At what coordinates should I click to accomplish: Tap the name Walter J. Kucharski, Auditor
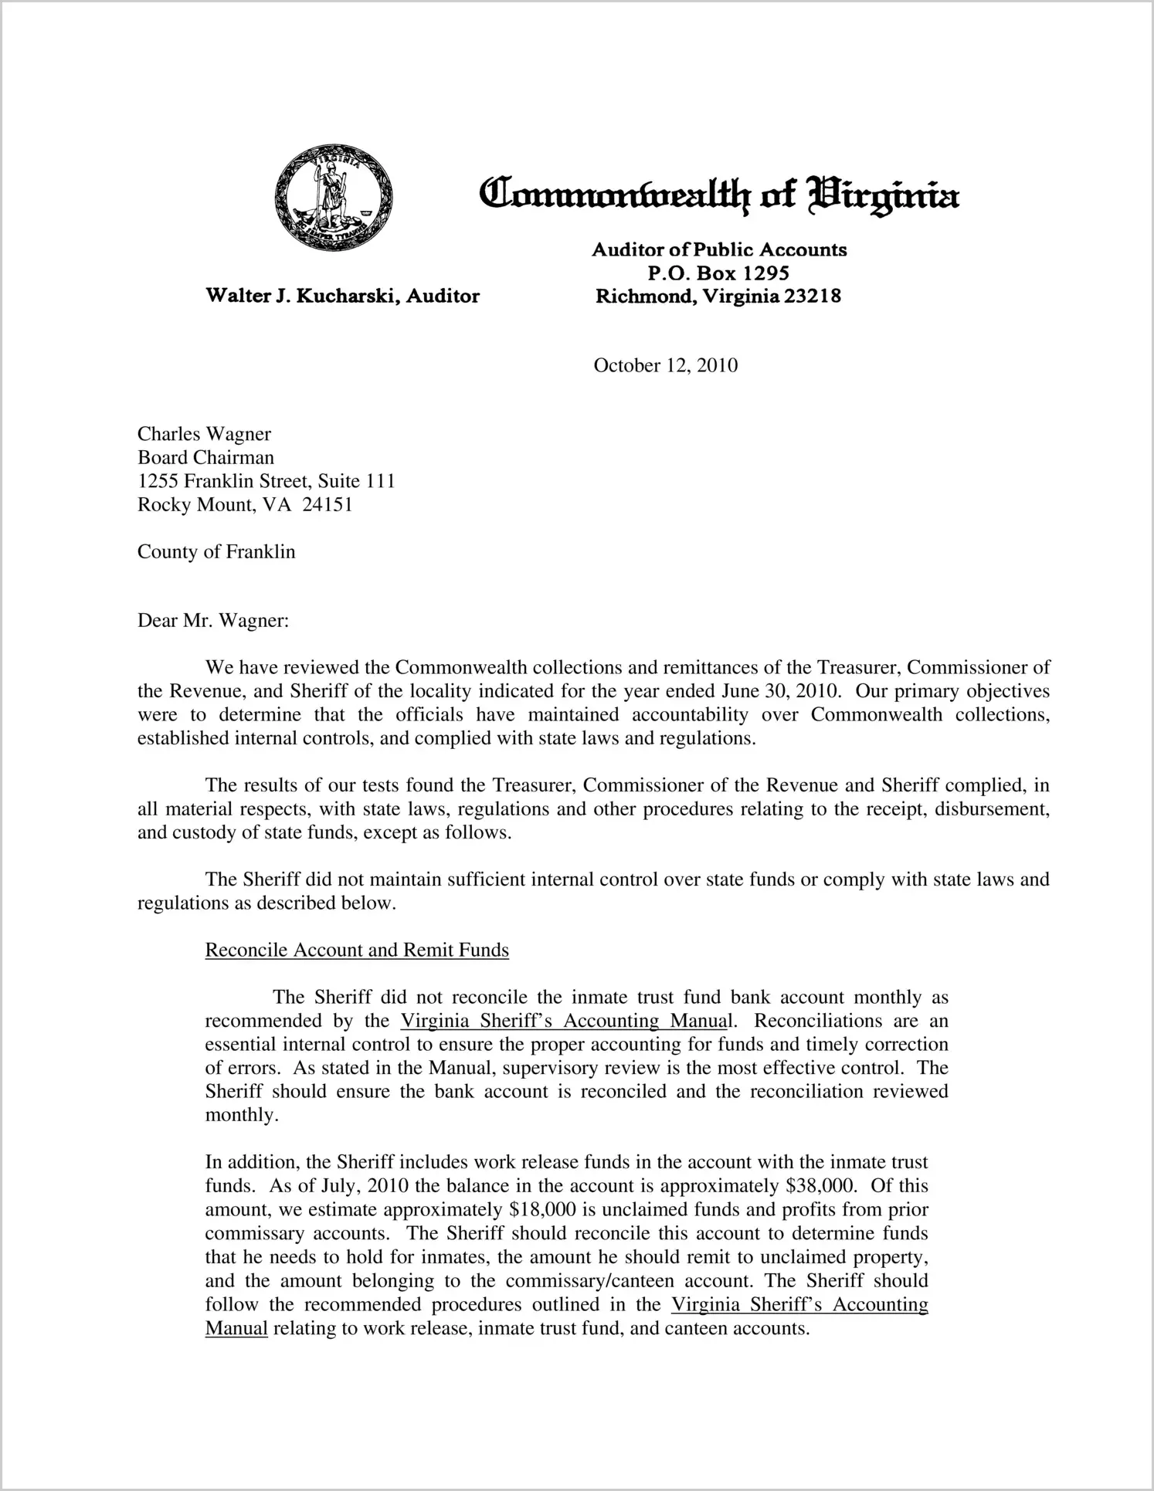[342, 296]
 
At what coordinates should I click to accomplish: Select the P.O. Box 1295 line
[718, 273]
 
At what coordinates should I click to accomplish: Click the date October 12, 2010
[665, 365]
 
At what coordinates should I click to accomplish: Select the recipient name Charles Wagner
[204, 434]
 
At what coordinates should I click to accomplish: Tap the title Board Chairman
[205, 458]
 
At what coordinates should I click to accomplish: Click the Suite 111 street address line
[266, 481]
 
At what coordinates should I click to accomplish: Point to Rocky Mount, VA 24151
[245, 505]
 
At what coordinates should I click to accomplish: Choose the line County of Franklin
[216, 552]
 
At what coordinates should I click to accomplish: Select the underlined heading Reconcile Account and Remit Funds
[357, 950]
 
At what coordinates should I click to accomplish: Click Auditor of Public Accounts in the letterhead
[719, 249]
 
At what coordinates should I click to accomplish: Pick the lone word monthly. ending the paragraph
[241, 1116]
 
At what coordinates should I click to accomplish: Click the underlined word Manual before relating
[236, 1328]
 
